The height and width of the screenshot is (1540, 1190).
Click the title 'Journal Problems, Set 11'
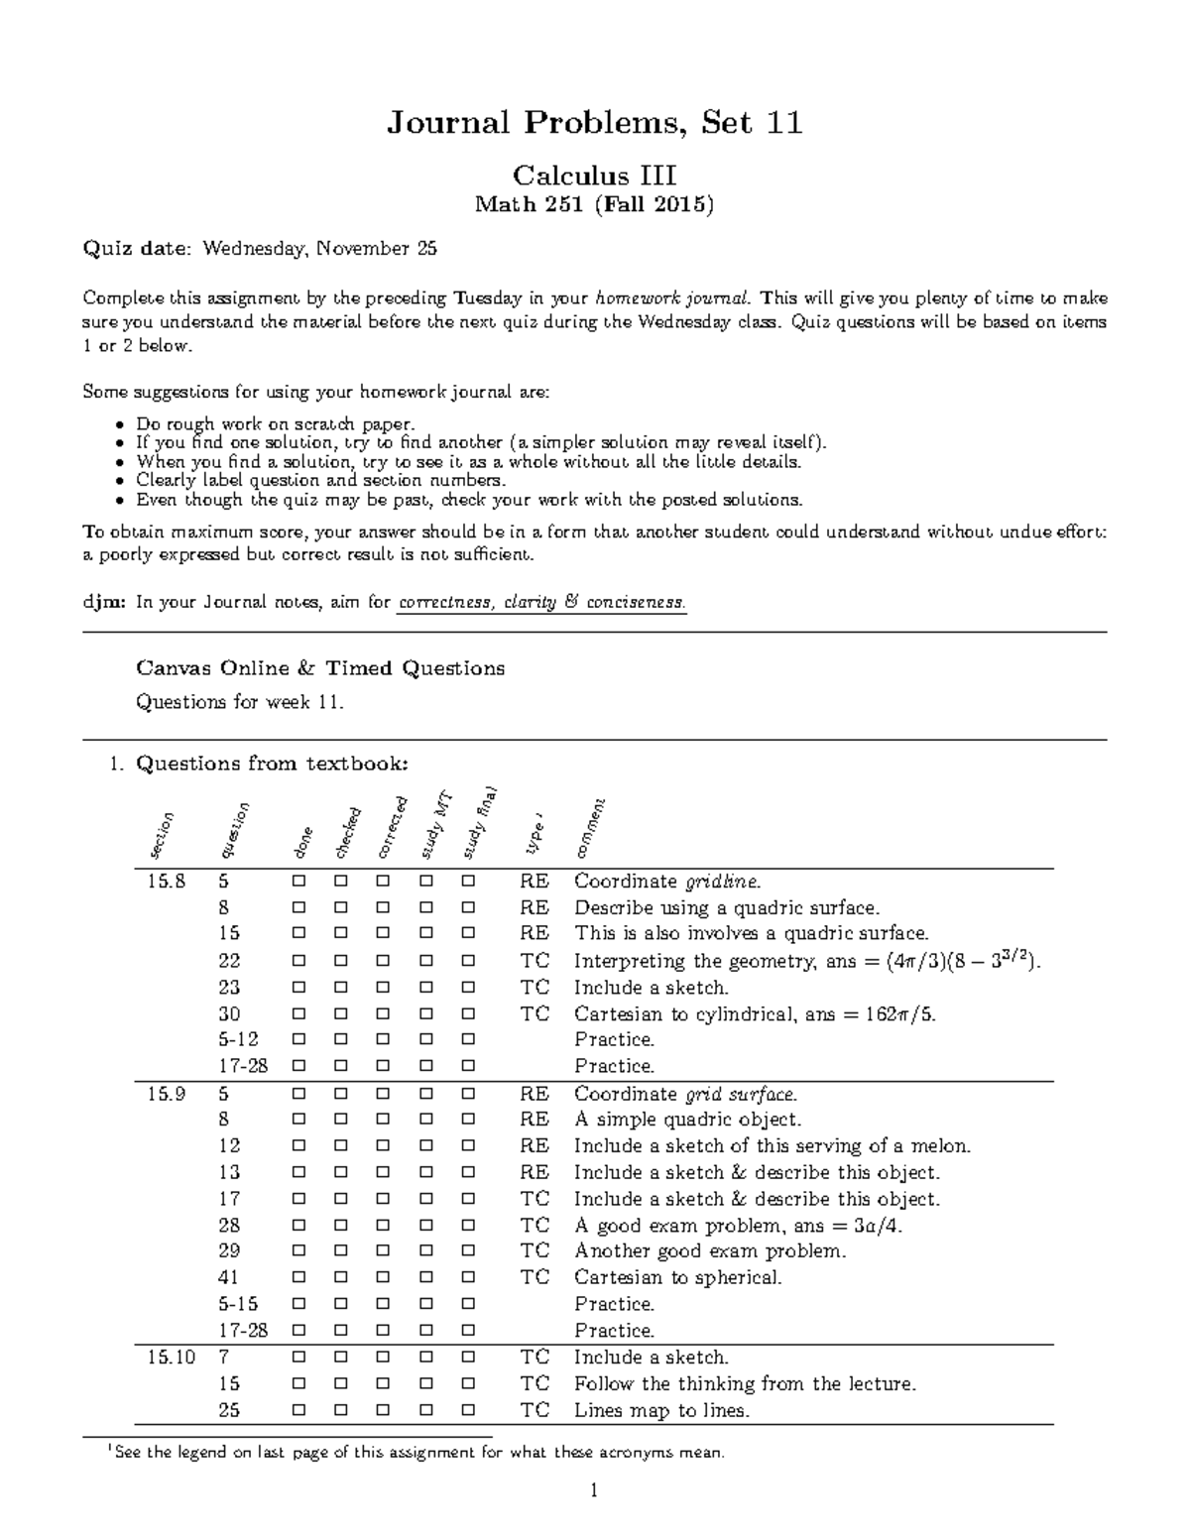[594, 123]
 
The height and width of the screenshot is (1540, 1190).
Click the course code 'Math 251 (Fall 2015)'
[594, 205]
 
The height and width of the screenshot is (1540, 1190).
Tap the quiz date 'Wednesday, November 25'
[319, 249]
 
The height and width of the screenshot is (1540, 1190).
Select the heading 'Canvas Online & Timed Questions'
[320, 668]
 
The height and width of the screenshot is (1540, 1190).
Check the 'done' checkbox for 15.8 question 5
[298, 881]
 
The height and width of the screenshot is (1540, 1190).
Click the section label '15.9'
[167, 1094]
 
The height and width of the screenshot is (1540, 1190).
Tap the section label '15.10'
[172, 1358]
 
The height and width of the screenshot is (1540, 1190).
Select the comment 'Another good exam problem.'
[710, 1251]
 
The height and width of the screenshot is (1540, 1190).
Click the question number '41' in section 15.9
[229, 1278]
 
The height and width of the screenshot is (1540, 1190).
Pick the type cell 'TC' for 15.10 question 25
[535, 1410]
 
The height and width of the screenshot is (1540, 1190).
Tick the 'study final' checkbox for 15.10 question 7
[468, 1358]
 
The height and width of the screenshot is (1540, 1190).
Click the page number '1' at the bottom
[593, 1490]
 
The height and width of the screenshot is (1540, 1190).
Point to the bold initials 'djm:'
[103, 602]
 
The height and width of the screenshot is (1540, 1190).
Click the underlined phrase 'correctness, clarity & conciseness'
[540, 602]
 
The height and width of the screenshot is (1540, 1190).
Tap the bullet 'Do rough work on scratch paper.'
[275, 424]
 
